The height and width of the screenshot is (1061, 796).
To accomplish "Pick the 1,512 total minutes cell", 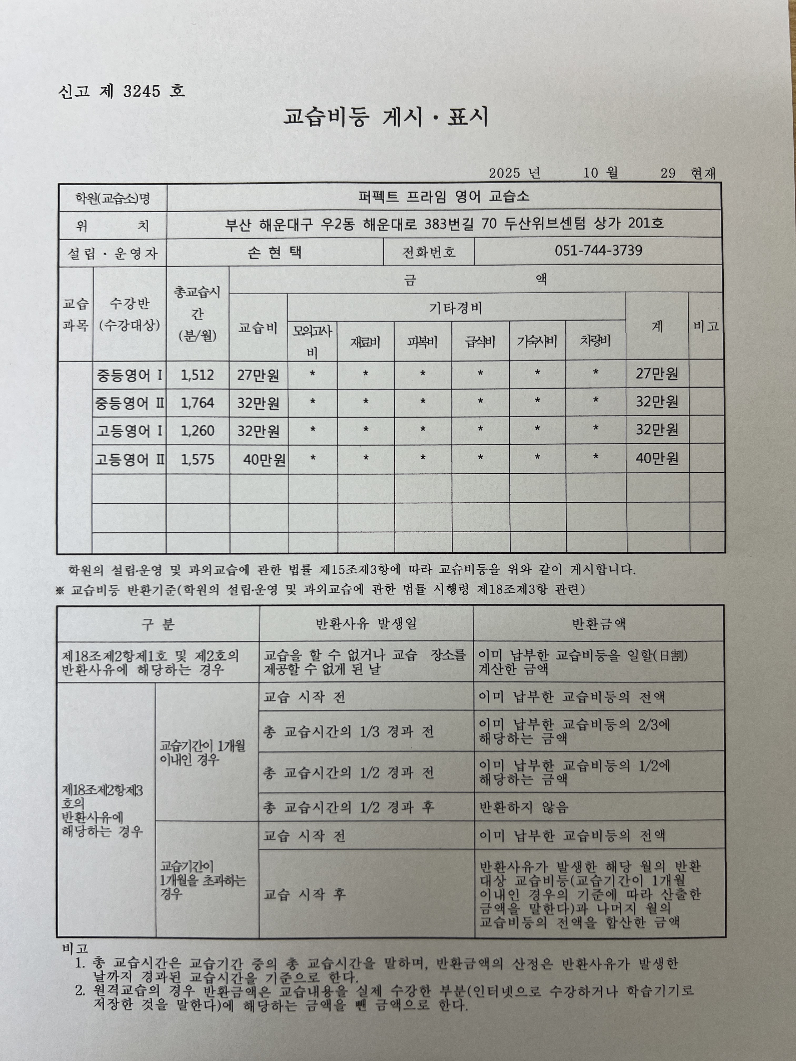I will click(x=197, y=375).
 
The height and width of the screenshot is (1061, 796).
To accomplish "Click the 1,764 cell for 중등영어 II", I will click(x=197, y=402).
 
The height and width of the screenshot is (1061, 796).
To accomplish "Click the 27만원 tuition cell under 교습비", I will click(x=258, y=375).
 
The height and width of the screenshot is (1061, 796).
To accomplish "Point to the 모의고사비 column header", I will click(x=312, y=341).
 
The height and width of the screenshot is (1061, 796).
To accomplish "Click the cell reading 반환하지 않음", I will click(x=524, y=807).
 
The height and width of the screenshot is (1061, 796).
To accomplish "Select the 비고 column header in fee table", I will click(x=706, y=326).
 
